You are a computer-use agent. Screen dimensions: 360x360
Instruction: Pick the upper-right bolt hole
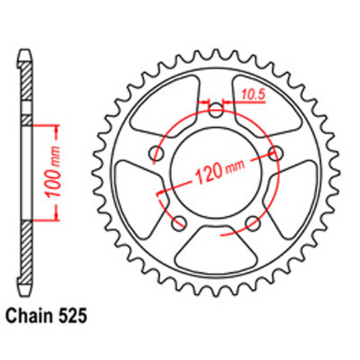pyautogui.click(x=274, y=152)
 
